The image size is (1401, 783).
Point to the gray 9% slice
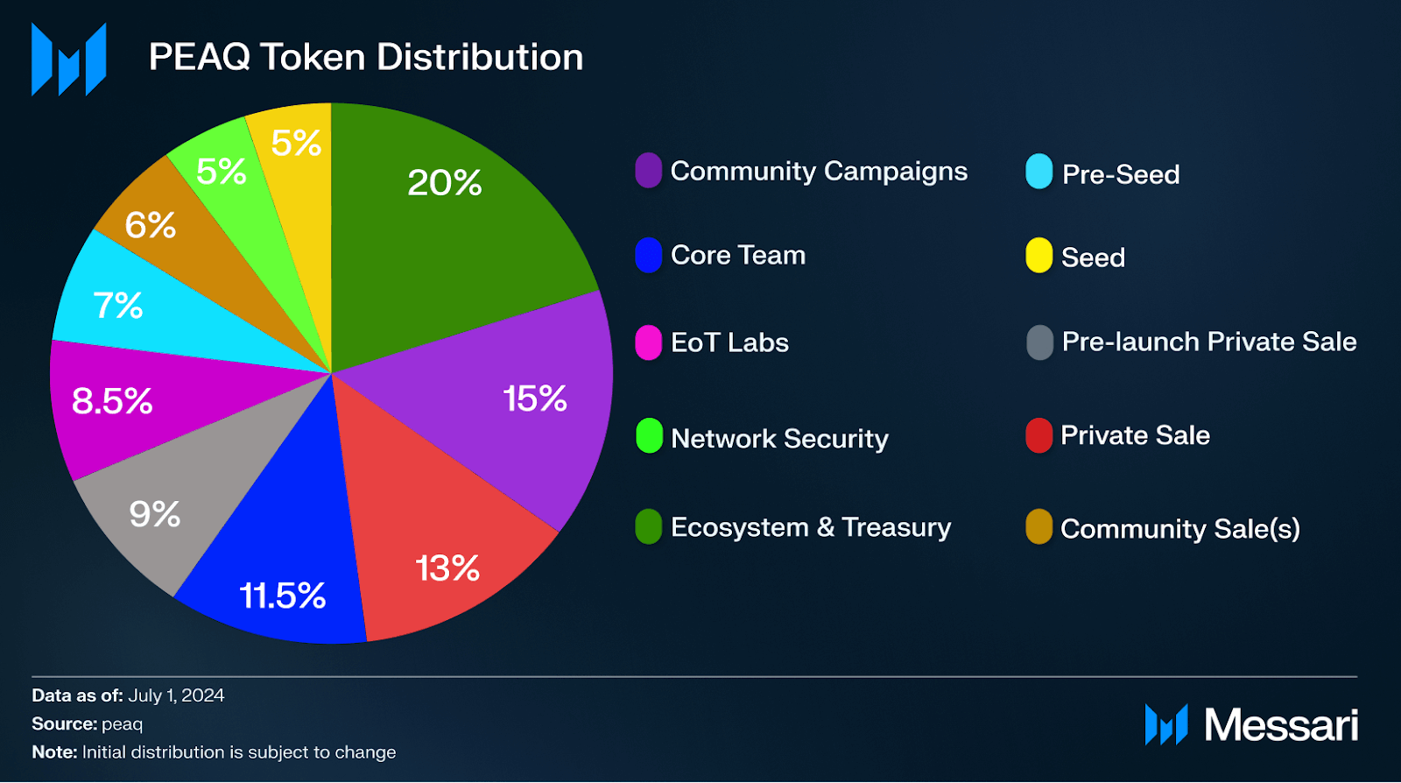pyautogui.click(x=166, y=508)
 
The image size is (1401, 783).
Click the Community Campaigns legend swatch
pyautogui.click(x=648, y=171)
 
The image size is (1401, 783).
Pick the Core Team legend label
pyautogui.click(x=737, y=255)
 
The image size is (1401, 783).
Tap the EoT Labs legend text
pyautogui.click(x=729, y=342)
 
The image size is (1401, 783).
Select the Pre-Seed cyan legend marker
pyautogui.click(x=1038, y=173)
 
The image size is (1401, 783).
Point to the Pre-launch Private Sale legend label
pyautogui.click(x=1208, y=342)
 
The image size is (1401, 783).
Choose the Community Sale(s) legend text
pyautogui.click(x=1179, y=529)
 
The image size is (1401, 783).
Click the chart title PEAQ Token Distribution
pyautogui.click(x=366, y=57)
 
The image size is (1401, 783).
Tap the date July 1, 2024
pyautogui.click(x=176, y=695)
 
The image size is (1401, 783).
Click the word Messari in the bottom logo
pyautogui.click(x=1280, y=725)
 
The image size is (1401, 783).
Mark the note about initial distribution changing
pyautogui.click(x=214, y=752)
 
